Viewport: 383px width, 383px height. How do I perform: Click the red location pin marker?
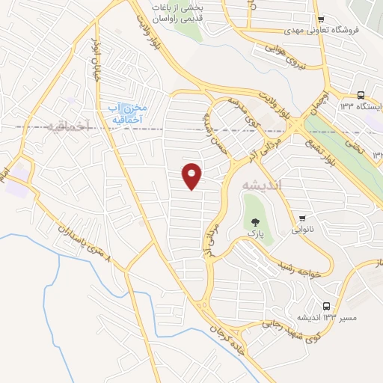[192, 175]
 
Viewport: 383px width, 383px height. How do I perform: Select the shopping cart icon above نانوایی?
[302, 219]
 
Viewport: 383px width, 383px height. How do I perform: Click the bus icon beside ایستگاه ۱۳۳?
[361, 95]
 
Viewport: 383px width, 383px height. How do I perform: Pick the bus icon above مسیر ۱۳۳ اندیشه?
[325, 306]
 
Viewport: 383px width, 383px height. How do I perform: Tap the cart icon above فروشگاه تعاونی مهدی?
[321, 19]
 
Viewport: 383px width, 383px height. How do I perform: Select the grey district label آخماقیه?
[67, 126]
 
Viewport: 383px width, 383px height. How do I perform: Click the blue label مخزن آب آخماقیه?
[125, 113]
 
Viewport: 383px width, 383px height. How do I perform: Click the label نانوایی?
[302, 231]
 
